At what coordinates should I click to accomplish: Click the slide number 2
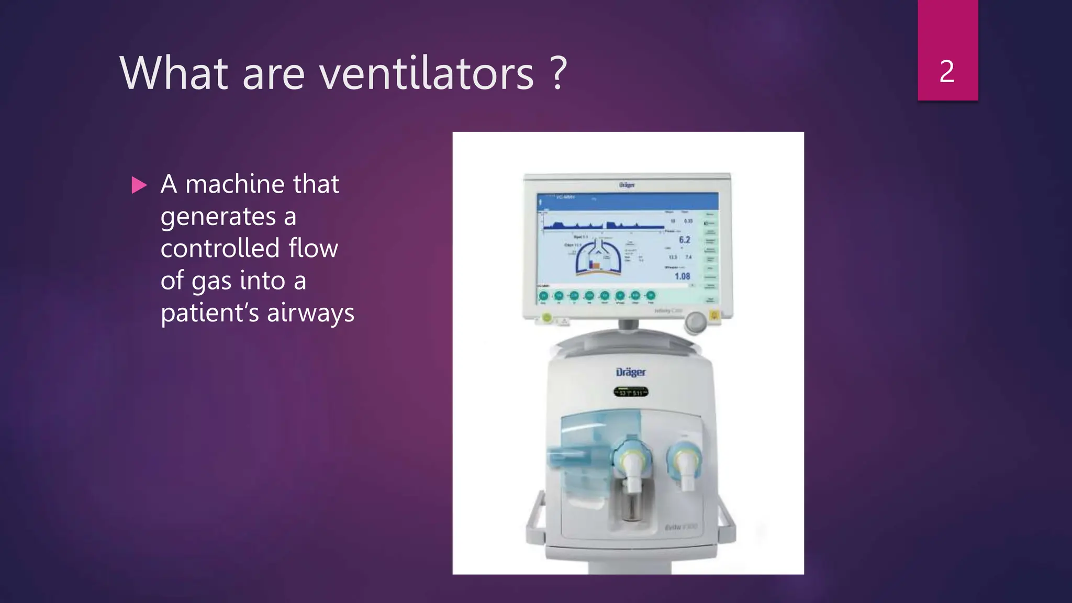click(x=947, y=72)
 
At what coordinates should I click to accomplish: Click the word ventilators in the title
click(x=427, y=73)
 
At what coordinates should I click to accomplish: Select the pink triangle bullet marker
click(x=139, y=185)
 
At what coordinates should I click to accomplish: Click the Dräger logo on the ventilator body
click(x=630, y=372)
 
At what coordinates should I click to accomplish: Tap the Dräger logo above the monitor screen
click(x=627, y=185)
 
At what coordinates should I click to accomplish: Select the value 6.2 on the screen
click(x=684, y=240)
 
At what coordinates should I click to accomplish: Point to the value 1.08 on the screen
click(x=682, y=276)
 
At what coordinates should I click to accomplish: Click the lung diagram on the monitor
click(x=598, y=256)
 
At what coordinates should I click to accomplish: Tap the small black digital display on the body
click(x=631, y=392)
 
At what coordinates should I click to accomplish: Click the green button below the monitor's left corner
click(x=547, y=317)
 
